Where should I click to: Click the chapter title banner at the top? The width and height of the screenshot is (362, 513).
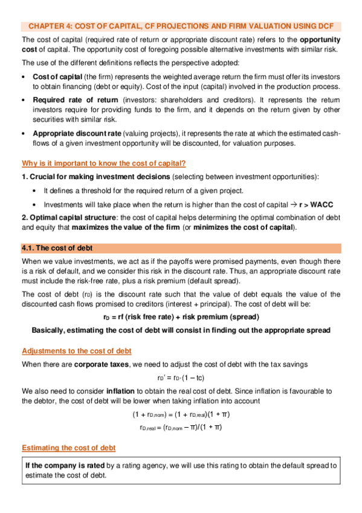point(181,27)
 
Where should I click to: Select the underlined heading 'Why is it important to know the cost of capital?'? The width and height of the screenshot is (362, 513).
point(103,163)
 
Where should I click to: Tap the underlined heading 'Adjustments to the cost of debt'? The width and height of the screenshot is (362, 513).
point(76,351)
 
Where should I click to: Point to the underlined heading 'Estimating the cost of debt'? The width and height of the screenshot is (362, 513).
point(68,448)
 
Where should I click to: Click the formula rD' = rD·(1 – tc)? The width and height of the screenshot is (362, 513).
point(181,377)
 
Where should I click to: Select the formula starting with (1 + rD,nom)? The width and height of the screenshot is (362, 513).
point(181,414)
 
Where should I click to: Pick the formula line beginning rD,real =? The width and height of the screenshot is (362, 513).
point(181,427)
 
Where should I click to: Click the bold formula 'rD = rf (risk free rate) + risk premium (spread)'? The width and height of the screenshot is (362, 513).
point(181,318)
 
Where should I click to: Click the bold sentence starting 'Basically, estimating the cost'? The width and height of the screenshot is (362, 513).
point(181,331)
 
